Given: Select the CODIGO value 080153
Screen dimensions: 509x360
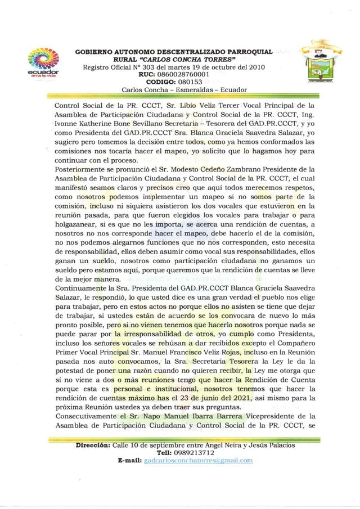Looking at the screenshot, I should pos(182,82).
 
